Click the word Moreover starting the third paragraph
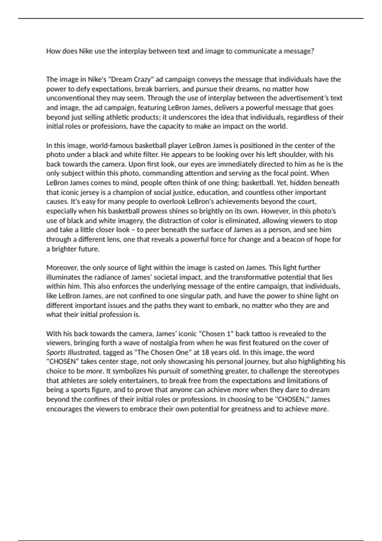62,268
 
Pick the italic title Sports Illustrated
73,353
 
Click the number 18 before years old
206,353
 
